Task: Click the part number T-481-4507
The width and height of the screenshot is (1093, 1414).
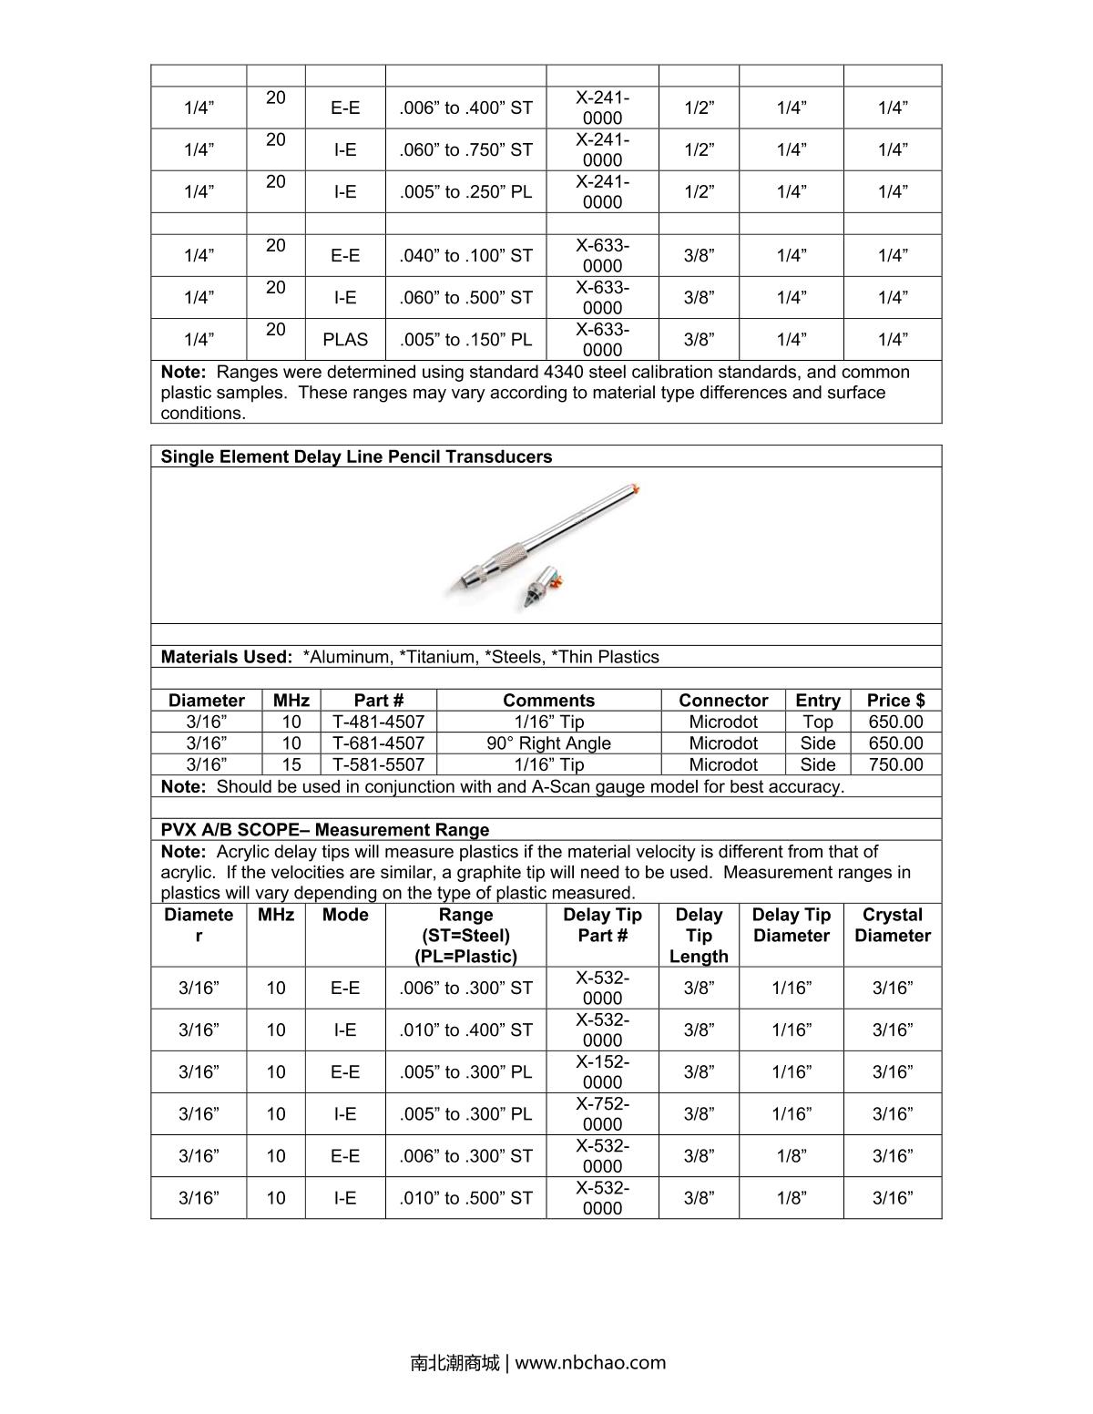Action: tap(378, 722)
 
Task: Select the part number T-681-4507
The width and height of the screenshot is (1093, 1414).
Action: tap(378, 743)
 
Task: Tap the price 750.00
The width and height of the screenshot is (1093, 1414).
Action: tap(895, 765)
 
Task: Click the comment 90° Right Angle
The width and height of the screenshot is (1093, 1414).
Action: tap(548, 743)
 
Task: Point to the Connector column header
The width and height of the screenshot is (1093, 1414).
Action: tap(723, 701)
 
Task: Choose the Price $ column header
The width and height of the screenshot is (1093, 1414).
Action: tap(895, 701)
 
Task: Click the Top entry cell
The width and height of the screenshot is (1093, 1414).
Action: tap(817, 722)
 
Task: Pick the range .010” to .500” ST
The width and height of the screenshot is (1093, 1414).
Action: tap(465, 1198)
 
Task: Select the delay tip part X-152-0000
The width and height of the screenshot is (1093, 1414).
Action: tap(602, 1072)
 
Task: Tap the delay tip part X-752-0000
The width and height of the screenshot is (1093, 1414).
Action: tap(602, 1114)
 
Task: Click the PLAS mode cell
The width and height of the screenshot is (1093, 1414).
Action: tap(345, 340)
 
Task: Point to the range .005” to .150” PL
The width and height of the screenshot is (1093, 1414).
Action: tap(465, 340)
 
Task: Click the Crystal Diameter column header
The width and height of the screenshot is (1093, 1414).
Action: tap(893, 925)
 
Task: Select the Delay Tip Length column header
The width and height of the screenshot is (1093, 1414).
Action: tap(699, 936)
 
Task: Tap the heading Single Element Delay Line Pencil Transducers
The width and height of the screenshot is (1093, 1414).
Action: tap(356, 457)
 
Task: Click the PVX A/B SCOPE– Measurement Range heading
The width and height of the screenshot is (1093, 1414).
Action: tap(325, 830)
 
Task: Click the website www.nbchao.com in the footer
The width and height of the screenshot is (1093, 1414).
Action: tap(590, 1363)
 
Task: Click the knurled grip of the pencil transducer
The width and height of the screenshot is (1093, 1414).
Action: tap(511, 555)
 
